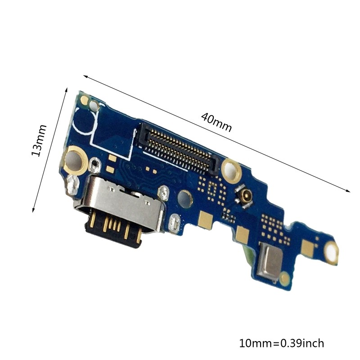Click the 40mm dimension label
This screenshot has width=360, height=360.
coord(216,122)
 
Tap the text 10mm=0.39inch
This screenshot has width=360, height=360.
coord(281,343)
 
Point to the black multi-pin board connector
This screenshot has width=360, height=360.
coord(180,147)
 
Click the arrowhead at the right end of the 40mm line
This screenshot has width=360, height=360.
coord(348,191)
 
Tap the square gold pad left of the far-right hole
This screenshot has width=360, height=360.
coord(308,246)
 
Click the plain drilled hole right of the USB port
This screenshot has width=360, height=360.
coord(184,197)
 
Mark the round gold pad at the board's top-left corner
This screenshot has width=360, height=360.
coord(84,100)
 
